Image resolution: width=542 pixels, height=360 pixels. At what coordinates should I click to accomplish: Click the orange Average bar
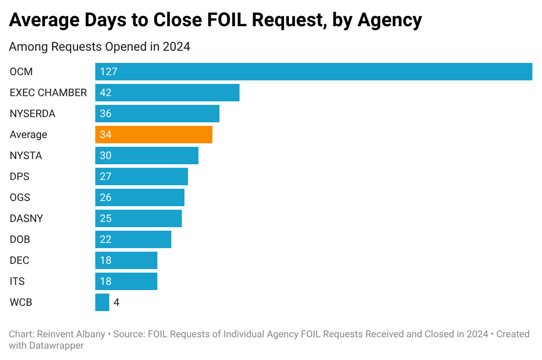coord(154,135)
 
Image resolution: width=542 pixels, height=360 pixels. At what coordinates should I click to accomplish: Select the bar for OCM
coord(313,72)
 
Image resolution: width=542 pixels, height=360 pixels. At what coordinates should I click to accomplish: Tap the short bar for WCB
coord(102,302)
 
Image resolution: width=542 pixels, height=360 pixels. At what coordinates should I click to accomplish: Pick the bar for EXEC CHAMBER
coord(167,93)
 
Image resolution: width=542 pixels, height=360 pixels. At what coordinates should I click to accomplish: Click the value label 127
coord(108,72)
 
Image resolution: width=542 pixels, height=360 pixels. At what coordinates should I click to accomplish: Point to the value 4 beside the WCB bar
coord(117,302)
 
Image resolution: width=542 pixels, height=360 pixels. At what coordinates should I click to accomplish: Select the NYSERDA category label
coord(32,114)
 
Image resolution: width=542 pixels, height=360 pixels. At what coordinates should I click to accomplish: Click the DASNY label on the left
coord(26,218)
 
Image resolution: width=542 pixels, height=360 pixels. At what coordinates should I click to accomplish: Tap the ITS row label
coord(17,281)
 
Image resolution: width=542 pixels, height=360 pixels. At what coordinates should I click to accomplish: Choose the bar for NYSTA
coord(147,156)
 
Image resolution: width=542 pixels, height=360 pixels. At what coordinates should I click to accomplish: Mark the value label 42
coord(106,93)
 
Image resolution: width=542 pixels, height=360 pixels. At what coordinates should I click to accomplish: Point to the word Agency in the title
coord(390,21)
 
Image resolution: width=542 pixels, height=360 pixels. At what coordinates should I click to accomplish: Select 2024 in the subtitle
coord(176,46)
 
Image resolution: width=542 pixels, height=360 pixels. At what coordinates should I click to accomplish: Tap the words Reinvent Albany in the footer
coord(71,334)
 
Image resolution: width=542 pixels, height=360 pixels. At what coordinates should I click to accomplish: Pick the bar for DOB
coord(133,239)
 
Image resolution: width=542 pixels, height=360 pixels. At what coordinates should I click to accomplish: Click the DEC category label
coord(19,260)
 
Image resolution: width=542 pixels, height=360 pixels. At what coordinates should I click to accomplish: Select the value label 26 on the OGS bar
coord(106,197)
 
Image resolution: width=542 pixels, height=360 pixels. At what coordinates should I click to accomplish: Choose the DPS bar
coord(142,177)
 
